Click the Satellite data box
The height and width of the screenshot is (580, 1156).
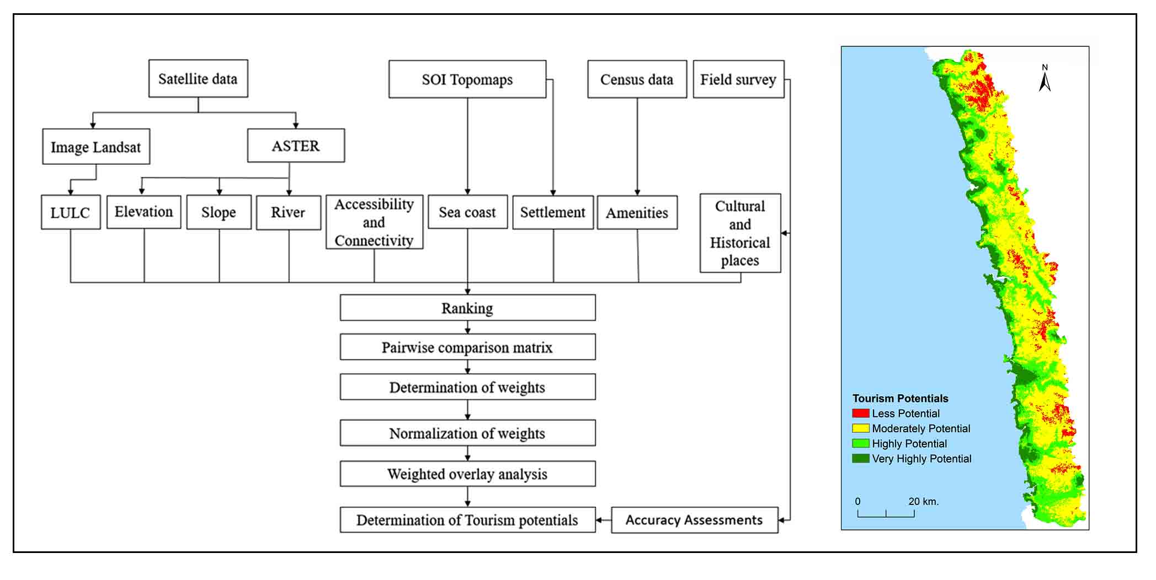pyautogui.click(x=198, y=79)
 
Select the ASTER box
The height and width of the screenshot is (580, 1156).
pyautogui.click(x=296, y=146)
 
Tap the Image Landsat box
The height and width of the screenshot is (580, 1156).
pyautogui.click(x=96, y=147)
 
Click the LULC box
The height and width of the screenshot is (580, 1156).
pyautogui.click(x=71, y=212)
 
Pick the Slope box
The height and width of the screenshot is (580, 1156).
pyautogui.click(x=219, y=212)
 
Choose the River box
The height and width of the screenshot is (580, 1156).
pyautogui.click(x=289, y=212)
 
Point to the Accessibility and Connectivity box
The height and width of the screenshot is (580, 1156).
pyautogui.click(x=374, y=222)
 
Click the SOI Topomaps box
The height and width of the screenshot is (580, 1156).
pyautogui.click(x=467, y=79)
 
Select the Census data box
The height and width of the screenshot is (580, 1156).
pyautogui.click(x=637, y=79)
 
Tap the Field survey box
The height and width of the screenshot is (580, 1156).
pyautogui.click(x=738, y=79)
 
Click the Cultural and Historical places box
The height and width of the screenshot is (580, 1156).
pyautogui.click(x=740, y=233)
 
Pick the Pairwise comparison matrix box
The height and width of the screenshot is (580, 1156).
pyautogui.click(x=467, y=347)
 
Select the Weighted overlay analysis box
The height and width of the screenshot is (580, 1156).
pyautogui.click(x=467, y=474)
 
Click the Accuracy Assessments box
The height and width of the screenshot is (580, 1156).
pyautogui.click(x=695, y=520)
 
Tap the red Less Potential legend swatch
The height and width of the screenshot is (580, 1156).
pyautogui.click(x=860, y=413)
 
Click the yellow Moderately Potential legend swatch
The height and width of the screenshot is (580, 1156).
pyautogui.click(x=860, y=428)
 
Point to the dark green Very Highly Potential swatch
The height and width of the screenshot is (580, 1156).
pyautogui.click(x=860, y=459)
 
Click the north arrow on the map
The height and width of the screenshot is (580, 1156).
pyautogui.click(x=1045, y=78)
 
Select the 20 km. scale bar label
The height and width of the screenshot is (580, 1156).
pyautogui.click(x=924, y=502)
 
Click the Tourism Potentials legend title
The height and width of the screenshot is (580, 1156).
pyautogui.click(x=900, y=399)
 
